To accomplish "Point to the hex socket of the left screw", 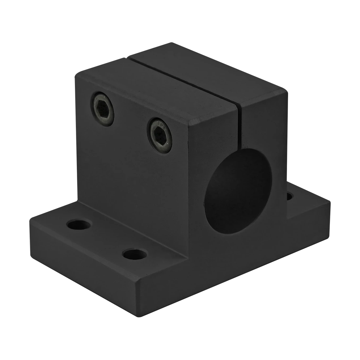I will click(x=102, y=105).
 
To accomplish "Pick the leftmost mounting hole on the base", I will click(x=78, y=225).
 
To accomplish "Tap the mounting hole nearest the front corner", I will click(x=135, y=254).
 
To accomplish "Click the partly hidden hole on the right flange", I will click(x=290, y=197).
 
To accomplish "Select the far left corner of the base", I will click(x=30, y=217).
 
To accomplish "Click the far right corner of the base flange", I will click(x=331, y=202).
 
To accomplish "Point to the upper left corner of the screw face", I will click(x=75, y=72).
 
